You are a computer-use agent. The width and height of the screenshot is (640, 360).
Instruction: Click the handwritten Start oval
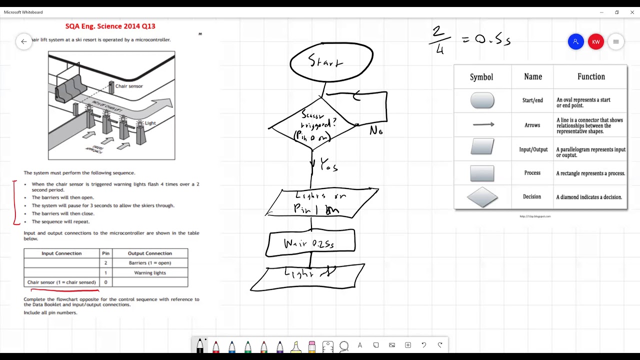click(x=331, y=62)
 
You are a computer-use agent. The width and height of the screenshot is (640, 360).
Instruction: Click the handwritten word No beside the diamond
click(x=376, y=131)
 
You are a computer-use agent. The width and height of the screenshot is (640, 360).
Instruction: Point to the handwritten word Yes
click(x=328, y=165)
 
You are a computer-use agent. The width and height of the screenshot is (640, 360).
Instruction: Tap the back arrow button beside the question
click(x=23, y=42)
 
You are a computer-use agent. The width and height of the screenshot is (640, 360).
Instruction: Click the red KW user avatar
click(x=595, y=42)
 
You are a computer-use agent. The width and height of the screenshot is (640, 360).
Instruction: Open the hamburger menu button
click(x=616, y=42)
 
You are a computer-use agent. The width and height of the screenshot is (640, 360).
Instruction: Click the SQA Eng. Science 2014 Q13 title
click(x=110, y=26)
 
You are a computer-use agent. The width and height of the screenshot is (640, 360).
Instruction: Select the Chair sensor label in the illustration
click(x=128, y=86)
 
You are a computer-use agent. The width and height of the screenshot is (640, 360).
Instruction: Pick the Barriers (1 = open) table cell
click(x=150, y=263)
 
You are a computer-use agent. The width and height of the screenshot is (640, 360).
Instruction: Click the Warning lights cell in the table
click(x=150, y=273)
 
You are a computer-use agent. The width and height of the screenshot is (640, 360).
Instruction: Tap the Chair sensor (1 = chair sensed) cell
click(x=61, y=282)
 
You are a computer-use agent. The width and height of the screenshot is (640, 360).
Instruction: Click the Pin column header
click(x=105, y=253)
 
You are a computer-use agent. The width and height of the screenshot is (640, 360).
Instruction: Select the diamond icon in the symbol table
click(x=482, y=197)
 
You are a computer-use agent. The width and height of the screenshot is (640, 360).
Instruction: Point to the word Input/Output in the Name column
click(x=532, y=149)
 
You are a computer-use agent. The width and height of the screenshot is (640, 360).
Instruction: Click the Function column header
click(x=591, y=77)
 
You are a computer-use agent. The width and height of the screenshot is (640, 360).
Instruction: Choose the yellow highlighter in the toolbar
click(x=296, y=345)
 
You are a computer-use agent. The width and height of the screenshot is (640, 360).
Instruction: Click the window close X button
click(x=632, y=12)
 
